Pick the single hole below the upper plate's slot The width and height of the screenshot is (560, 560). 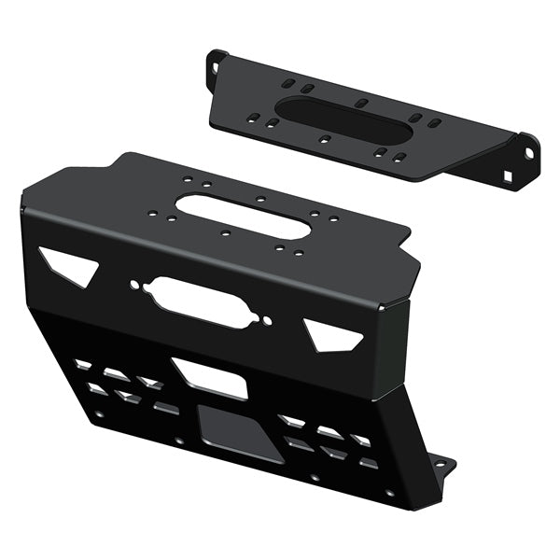pos(324,139)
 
